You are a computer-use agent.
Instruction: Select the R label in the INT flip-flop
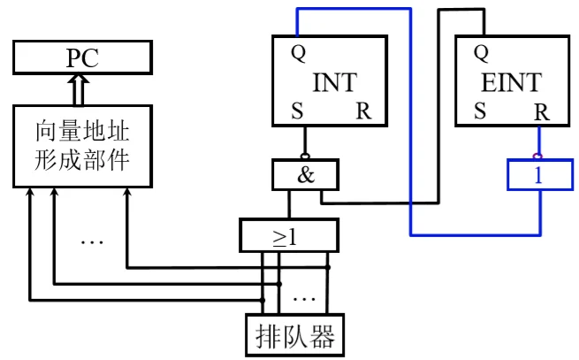(x=363, y=112)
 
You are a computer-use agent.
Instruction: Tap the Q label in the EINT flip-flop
(x=481, y=52)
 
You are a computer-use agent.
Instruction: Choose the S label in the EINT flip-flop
(x=480, y=112)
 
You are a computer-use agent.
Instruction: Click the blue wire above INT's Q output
(x=354, y=9)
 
